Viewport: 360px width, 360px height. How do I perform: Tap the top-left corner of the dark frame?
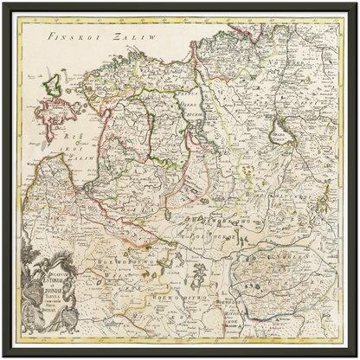pos(3,3)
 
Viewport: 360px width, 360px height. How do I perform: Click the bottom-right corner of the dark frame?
pos(357,357)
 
